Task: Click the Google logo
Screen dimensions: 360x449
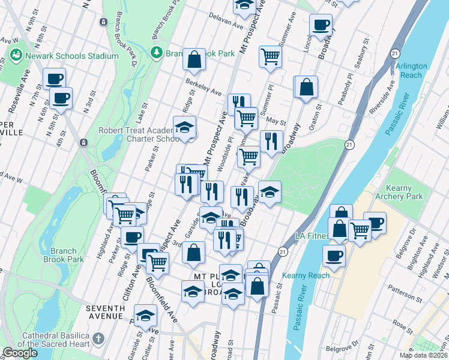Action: [x=20, y=352]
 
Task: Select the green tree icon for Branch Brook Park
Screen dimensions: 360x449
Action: [x=157, y=53]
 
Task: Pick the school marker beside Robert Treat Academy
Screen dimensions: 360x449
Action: [x=185, y=128]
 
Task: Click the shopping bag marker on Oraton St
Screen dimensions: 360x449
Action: [x=306, y=87]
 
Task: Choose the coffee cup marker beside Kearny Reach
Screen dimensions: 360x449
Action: [x=334, y=256]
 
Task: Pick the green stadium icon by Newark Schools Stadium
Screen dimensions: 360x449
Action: [x=16, y=55]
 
